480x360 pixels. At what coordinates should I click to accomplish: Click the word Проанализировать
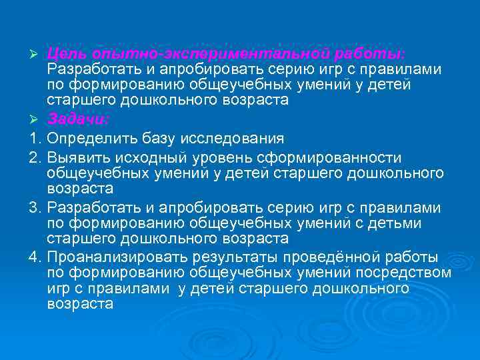point(117,257)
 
